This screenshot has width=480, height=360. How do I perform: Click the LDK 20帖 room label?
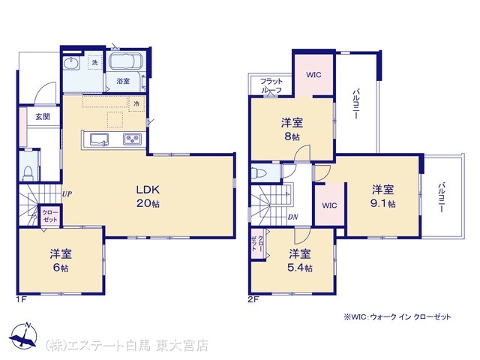click(x=148, y=196)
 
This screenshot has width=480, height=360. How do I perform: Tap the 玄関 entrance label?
click(x=43, y=117)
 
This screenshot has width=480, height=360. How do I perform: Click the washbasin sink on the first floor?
click(x=72, y=63)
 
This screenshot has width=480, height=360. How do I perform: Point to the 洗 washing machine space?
click(x=94, y=62)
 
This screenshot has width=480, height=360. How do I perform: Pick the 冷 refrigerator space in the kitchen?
click(x=136, y=103)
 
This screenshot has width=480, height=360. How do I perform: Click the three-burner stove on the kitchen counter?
click(x=133, y=139)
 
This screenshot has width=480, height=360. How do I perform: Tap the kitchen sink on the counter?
click(x=100, y=139)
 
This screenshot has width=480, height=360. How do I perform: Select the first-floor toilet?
click(x=28, y=173)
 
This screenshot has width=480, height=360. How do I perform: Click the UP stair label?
click(x=67, y=193)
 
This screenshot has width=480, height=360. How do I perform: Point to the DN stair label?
click(x=293, y=217)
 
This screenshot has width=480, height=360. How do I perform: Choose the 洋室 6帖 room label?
click(x=61, y=261)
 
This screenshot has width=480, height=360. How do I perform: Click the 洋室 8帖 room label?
click(x=292, y=129)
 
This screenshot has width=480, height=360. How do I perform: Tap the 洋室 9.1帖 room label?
click(x=383, y=196)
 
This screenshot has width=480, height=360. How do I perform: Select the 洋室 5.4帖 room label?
click(x=300, y=261)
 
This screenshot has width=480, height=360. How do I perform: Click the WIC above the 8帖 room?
click(x=313, y=75)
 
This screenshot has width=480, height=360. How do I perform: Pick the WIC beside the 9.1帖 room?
click(x=329, y=205)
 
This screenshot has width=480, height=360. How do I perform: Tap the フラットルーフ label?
click(x=271, y=85)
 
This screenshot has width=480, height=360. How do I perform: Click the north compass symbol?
click(x=23, y=335)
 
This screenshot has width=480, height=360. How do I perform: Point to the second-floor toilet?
click(x=259, y=173)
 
